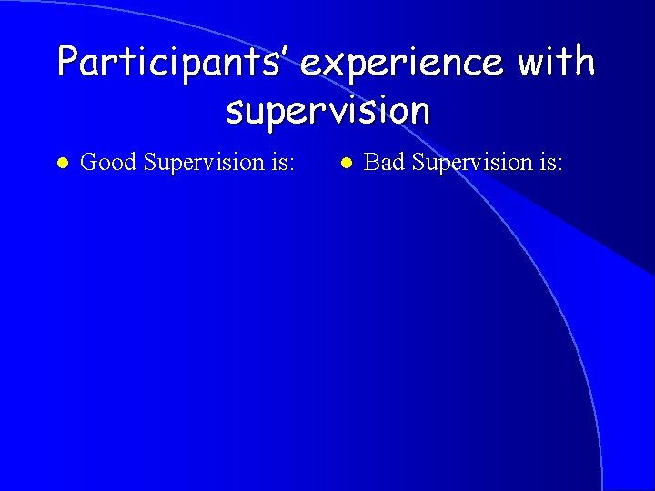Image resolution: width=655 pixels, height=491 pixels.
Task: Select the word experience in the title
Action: click(402, 63)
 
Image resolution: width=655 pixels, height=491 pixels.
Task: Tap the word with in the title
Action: click(555, 63)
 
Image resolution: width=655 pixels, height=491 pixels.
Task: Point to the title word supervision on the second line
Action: click(327, 111)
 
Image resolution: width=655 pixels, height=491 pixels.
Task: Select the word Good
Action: click(108, 163)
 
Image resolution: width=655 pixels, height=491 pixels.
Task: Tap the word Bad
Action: click(384, 163)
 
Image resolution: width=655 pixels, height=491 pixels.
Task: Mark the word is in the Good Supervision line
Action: click(279, 163)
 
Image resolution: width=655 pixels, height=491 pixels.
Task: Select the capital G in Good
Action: click(89, 163)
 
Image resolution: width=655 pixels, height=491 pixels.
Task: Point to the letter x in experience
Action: click(331, 65)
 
